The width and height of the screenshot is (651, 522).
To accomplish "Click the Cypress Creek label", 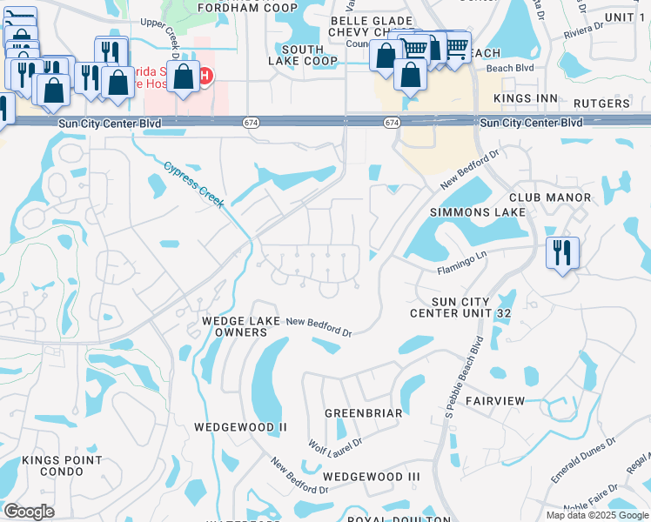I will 194,184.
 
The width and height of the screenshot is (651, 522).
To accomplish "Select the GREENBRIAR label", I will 363,413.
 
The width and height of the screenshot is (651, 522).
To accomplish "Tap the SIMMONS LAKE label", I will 478,212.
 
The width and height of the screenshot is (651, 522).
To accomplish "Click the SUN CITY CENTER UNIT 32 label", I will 460,306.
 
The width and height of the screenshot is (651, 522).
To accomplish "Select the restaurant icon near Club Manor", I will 561,253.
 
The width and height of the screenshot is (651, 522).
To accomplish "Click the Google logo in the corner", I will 28,512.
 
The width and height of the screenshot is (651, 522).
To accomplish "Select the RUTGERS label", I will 601,104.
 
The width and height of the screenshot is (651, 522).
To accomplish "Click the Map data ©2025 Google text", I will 596,515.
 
